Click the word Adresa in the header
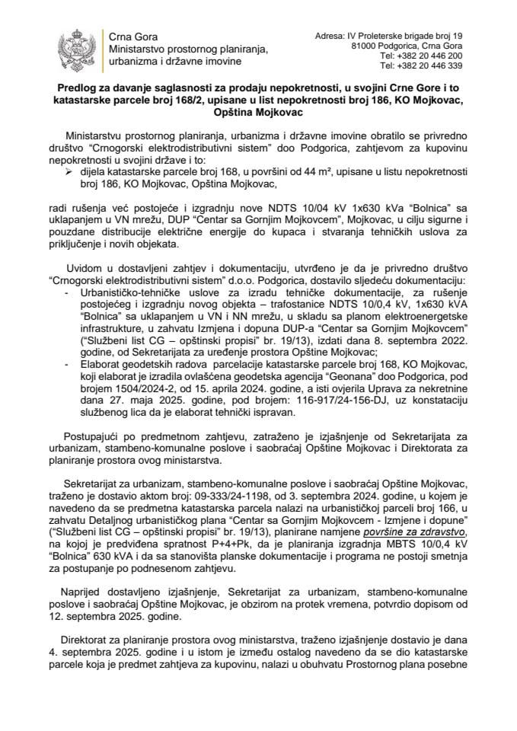coord(328,36)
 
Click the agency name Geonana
coord(372,387)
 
